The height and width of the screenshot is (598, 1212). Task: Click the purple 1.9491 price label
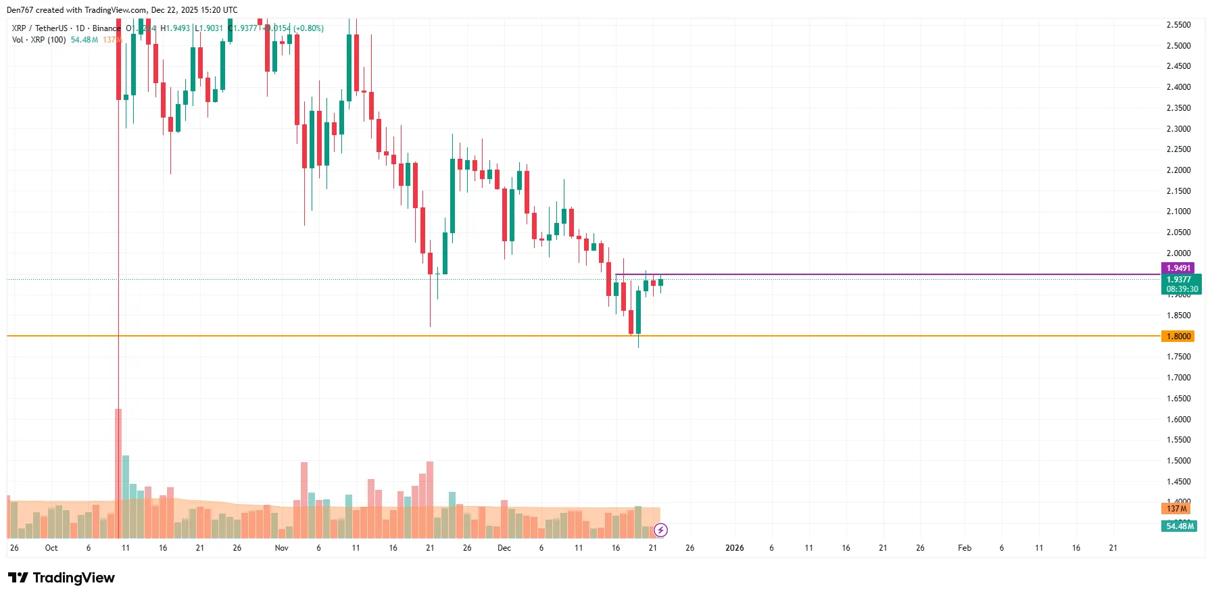(1178, 268)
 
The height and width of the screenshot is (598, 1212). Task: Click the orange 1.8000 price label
(1178, 337)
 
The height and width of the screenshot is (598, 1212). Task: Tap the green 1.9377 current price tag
(1180, 280)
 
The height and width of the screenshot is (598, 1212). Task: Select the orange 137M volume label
(1176, 509)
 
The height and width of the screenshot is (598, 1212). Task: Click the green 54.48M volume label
(1180, 526)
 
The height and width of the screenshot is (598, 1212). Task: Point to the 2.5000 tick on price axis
(1178, 46)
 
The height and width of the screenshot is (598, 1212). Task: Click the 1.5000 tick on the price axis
(1178, 461)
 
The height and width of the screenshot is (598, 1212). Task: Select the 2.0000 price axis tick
(1178, 253)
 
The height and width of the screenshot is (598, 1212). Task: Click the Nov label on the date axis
(282, 548)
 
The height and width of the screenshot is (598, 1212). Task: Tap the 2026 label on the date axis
(734, 548)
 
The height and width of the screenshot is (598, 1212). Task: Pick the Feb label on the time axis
(965, 548)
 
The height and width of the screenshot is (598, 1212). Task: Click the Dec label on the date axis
(504, 548)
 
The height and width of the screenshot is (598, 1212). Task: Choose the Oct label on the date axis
(51, 548)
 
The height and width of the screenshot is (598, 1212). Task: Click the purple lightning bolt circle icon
(661, 530)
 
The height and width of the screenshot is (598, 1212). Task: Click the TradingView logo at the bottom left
(62, 578)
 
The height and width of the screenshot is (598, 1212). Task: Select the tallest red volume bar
(118, 473)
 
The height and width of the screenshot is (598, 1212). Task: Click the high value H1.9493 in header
(175, 28)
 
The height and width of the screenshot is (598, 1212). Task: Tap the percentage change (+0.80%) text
(308, 28)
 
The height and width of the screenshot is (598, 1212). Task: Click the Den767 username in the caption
(20, 10)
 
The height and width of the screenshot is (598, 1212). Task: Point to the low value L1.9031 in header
(209, 28)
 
